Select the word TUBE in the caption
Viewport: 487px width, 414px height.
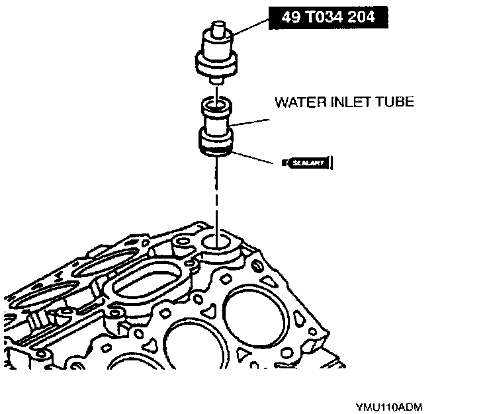point(396,103)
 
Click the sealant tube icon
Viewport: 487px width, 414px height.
point(306,162)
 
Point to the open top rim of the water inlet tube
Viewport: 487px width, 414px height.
point(216,103)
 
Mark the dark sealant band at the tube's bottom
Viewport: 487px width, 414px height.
point(216,154)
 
